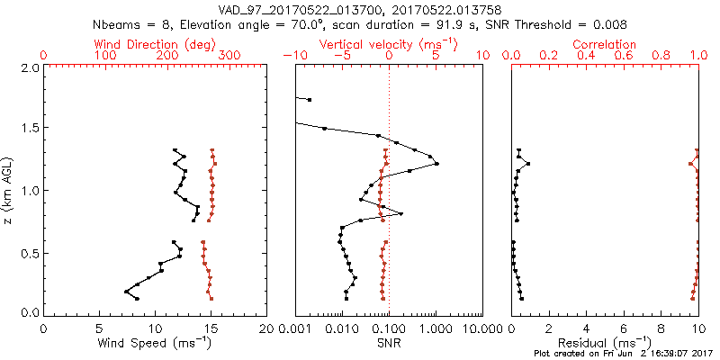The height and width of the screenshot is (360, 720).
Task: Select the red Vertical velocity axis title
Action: pyautogui.click(x=388, y=43)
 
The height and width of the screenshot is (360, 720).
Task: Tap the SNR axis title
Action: pyautogui.click(x=388, y=344)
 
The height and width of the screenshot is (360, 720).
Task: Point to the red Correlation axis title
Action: pyautogui.click(x=606, y=43)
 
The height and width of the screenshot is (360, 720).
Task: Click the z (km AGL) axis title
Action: pyautogui.click(x=11, y=190)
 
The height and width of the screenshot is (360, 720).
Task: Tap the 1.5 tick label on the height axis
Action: pyautogui.click(x=30, y=129)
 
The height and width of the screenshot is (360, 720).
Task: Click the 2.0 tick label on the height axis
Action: pyautogui.click(x=30, y=67)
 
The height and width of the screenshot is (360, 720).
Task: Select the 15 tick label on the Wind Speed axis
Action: pyautogui.click(x=211, y=328)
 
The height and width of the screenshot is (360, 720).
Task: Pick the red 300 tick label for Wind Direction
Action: pyautogui.click(x=229, y=56)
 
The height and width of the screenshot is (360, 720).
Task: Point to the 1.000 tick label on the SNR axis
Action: pyautogui.click(x=436, y=328)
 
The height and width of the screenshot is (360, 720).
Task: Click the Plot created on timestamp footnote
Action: pyautogui.click(x=621, y=355)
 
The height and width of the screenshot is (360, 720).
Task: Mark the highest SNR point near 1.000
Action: pyautogui.click(x=436, y=164)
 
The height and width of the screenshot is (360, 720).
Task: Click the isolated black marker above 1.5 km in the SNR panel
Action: pyautogui.click(x=309, y=99)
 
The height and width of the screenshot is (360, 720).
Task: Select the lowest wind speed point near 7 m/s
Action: pyautogui.click(x=126, y=292)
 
